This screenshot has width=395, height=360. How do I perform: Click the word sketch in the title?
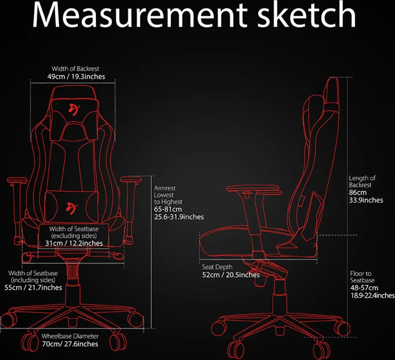[x=306, y=14]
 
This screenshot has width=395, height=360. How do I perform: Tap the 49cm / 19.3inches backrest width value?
[x=76, y=76]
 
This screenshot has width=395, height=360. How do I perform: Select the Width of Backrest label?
[x=75, y=68]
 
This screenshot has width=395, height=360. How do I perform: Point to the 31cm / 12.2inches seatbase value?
[x=74, y=243]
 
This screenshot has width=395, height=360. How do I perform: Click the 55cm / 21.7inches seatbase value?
[x=33, y=288]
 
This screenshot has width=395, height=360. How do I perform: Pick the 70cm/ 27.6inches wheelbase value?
[x=70, y=344]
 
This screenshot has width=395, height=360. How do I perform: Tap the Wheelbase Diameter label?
[x=70, y=336]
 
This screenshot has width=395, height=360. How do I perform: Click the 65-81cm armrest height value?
[x=168, y=209]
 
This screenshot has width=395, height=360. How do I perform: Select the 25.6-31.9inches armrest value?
[x=179, y=217]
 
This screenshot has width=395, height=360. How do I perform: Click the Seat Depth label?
[x=217, y=267]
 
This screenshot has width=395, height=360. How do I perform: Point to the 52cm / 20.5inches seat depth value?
[x=231, y=275]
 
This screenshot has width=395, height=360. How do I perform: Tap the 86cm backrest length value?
[x=358, y=192]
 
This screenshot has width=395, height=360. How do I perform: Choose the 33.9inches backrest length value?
[x=366, y=200]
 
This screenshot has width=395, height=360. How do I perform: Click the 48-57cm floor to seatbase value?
[x=364, y=288]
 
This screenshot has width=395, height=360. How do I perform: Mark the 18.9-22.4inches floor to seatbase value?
[x=373, y=295]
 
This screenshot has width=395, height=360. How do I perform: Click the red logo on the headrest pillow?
[x=74, y=109]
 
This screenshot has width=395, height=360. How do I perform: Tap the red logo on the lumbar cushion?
[x=72, y=208]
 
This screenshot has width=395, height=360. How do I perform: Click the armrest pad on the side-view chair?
[x=253, y=188]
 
